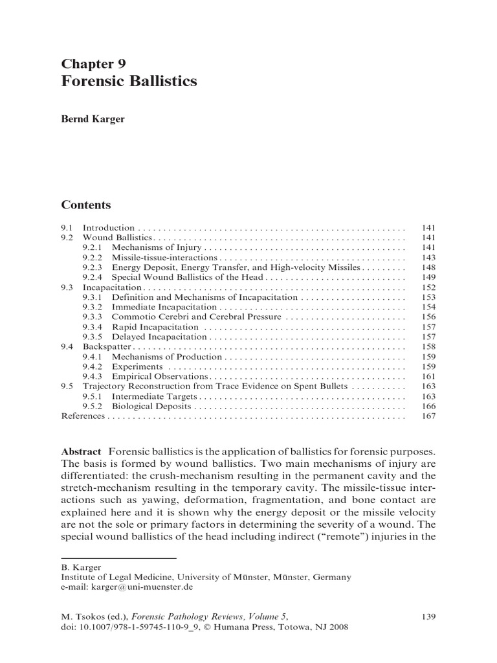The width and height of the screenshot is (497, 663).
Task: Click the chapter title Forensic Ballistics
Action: click(x=129, y=82)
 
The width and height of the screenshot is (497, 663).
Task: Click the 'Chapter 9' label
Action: click(x=93, y=63)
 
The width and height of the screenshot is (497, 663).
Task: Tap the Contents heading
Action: click(x=86, y=205)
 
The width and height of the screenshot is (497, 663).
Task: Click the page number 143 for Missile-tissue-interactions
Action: click(x=428, y=258)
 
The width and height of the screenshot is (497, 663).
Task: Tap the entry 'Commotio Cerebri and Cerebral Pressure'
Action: click(x=196, y=317)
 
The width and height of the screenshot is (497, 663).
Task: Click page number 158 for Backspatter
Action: click(x=428, y=347)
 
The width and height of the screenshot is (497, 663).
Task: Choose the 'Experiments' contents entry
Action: click(x=137, y=366)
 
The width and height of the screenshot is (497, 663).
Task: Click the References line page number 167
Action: click(x=428, y=416)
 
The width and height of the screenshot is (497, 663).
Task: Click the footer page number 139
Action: click(x=428, y=618)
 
